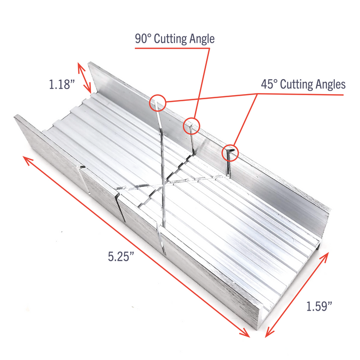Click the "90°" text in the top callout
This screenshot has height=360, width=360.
pyautogui.click(x=146, y=39)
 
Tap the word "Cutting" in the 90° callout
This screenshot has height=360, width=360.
pyautogui.click(x=177, y=39)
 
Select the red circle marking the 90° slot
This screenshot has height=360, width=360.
pyautogui.click(x=191, y=124)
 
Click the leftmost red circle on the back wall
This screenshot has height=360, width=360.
pyautogui.click(x=158, y=103)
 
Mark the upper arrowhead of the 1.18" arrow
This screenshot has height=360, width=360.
pyautogui.click(x=79, y=64)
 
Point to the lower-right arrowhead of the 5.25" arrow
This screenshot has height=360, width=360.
pyautogui.click(x=247, y=335)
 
